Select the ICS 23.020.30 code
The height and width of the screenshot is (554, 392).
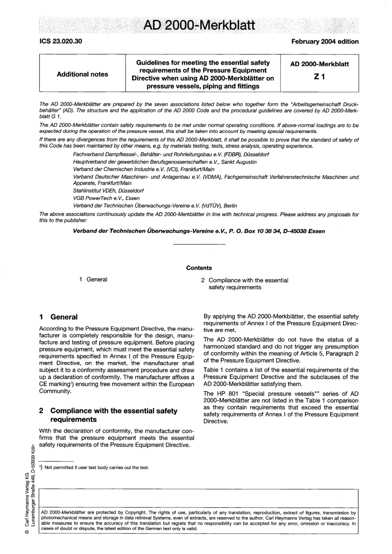(61, 42)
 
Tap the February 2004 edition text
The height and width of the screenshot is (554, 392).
(325, 42)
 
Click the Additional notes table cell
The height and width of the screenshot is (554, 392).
(83, 74)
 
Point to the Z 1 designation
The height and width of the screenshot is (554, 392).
(319, 77)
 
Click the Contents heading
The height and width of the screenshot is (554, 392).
(199, 268)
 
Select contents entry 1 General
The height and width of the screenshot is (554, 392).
(93, 279)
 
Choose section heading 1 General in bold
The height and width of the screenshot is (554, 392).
(58, 317)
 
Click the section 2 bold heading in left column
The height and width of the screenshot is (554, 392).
(108, 415)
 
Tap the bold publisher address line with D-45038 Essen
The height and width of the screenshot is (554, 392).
(199, 231)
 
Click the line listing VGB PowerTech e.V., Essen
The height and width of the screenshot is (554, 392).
(106, 198)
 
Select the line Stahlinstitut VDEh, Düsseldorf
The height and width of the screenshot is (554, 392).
(109, 191)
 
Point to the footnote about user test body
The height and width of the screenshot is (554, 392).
(94, 467)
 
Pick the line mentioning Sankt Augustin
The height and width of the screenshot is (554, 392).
(165, 162)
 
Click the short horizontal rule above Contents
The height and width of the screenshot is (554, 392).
(199, 245)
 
